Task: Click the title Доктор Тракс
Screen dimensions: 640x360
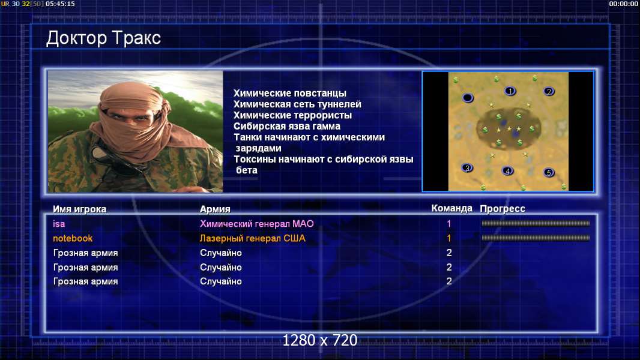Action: click(103, 38)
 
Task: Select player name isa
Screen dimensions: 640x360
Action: click(59, 224)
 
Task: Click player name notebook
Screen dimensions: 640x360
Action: click(73, 239)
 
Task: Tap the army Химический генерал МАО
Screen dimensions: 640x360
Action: click(257, 224)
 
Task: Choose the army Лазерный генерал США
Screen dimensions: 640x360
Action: click(253, 239)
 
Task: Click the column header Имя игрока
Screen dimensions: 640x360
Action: click(80, 209)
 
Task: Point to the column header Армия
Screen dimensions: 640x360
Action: click(215, 209)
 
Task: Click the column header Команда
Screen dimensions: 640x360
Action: click(452, 208)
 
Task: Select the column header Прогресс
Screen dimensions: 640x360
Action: click(503, 209)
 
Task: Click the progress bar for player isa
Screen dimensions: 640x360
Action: click(536, 223)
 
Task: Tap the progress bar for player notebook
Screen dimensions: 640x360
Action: click(536, 238)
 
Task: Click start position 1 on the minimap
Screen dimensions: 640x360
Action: click(510, 91)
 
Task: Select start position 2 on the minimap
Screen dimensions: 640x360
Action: click(549, 91)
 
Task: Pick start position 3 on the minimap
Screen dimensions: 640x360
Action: click(467, 167)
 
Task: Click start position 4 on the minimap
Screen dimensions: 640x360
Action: click(507, 171)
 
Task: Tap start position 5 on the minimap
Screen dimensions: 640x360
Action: click(549, 172)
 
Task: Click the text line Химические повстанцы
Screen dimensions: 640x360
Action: click(290, 94)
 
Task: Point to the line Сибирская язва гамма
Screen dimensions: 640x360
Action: click(287, 127)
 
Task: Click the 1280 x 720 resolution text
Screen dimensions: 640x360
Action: click(320, 340)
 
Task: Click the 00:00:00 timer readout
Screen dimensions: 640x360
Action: click(624, 4)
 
